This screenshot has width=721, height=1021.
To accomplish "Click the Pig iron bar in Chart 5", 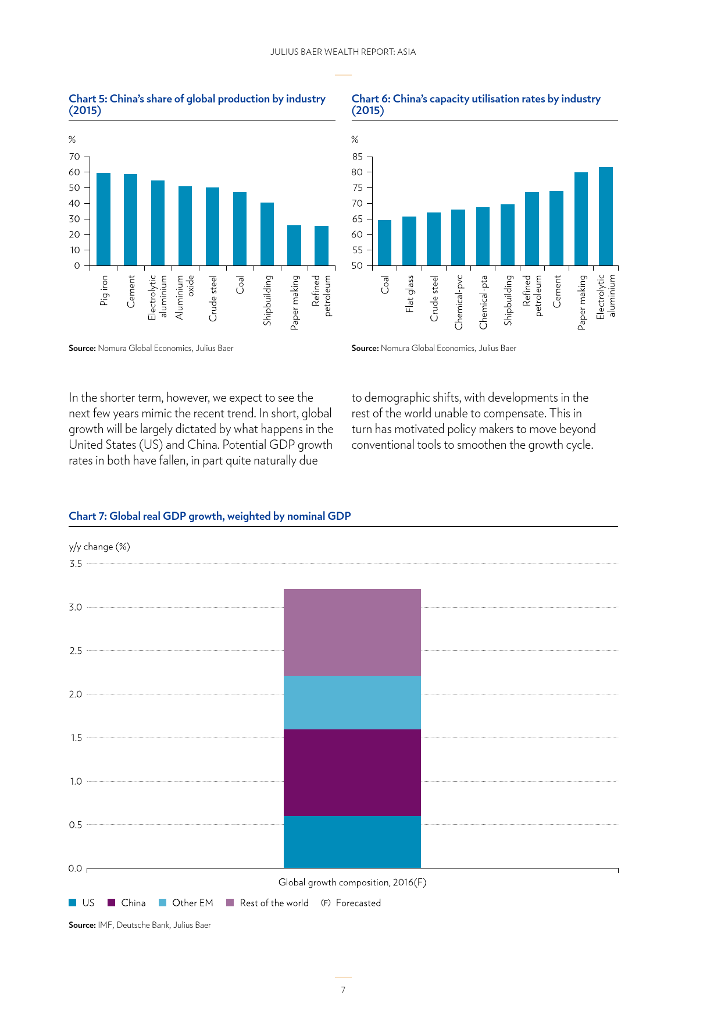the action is click(x=103, y=219).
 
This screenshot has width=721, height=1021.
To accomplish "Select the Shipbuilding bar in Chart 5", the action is click(x=267, y=234).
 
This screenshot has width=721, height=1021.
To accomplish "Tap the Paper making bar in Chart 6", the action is click(x=581, y=219).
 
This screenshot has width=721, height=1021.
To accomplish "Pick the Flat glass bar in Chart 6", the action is click(x=409, y=241).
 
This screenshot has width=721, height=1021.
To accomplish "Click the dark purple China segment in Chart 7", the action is click(x=352, y=772).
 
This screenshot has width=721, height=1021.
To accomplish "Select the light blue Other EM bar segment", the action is click(x=352, y=703).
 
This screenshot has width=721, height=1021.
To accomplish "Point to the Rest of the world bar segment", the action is click(x=352, y=632).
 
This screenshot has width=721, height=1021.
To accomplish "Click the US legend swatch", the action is click(x=73, y=903).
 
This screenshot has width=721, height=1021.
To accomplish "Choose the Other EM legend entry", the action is click(x=186, y=903).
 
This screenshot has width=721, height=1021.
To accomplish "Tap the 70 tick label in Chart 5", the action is click(x=74, y=157).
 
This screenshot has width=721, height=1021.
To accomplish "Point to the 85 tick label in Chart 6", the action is click(x=357, y=157).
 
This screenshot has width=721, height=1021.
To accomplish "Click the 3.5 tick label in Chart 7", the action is click(x=76, y=563).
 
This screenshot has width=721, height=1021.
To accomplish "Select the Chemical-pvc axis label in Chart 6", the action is click(x=459, y=302).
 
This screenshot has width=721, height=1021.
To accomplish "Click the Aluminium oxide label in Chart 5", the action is click(x=185, y=297).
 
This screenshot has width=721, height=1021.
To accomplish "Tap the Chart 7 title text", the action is click(x=210, y=516).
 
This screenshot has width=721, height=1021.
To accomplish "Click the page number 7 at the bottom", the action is click(x=343, y=990).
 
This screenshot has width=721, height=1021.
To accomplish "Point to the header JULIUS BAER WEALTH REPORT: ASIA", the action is click(x=343, y=52).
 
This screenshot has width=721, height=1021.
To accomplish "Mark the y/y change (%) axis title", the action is click(x=99, y=547).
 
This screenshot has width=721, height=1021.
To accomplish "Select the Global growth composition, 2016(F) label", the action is click(x=352, y=882).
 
